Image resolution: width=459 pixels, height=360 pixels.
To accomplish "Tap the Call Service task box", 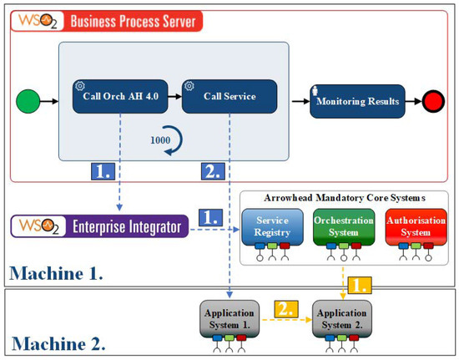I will point(229,96).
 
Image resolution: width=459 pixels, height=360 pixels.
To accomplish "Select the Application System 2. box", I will point(342,318).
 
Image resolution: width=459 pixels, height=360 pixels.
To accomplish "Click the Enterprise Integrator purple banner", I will point(99,226).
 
